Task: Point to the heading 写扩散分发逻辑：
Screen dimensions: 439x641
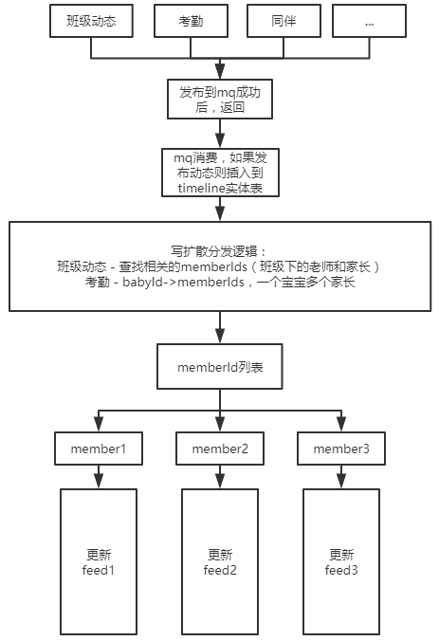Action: (219, 251)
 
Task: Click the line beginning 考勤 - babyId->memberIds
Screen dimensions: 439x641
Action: (220, 282)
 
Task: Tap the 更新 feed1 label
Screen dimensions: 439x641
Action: (99, 562)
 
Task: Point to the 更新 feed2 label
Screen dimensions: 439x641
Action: (220, 562)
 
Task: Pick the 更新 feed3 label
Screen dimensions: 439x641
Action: (341, 562)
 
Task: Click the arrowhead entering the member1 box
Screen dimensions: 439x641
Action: (99, 425)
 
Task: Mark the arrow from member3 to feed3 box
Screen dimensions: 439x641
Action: (341, 477)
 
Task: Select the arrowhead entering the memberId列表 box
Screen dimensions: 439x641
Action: (220, 336)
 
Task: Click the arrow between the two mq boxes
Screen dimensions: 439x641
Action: (220, 134)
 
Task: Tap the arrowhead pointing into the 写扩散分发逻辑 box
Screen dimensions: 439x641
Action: (220, 213)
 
